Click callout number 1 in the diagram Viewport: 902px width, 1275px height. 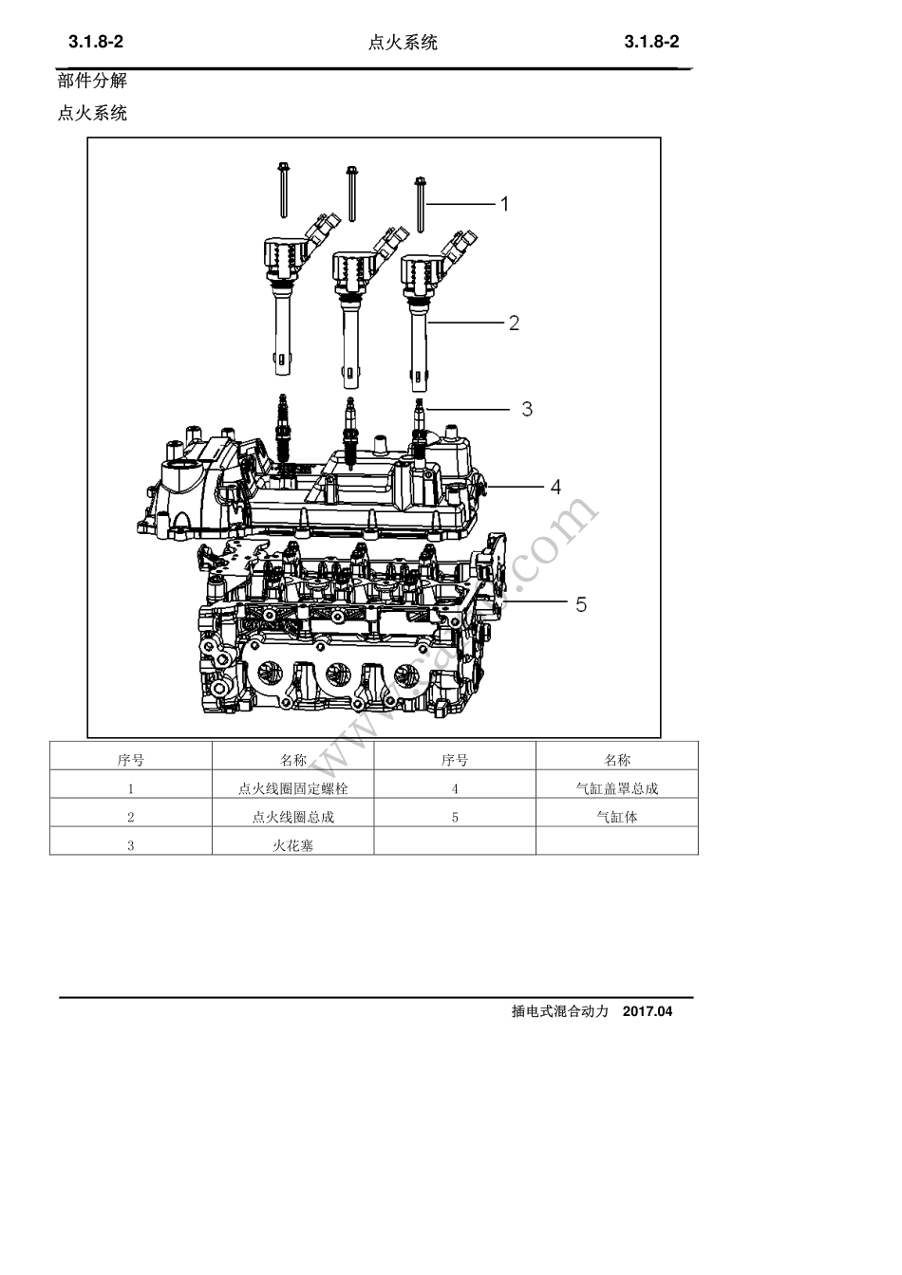click(505, 204)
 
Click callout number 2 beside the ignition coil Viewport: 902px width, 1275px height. click(514, 323)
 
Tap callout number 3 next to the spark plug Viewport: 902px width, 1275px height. click(527, 409)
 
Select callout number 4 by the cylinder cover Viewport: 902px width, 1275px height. click(555, 487)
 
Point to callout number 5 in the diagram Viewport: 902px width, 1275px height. click(581, 604)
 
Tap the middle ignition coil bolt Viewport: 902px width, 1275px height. click(352, 194)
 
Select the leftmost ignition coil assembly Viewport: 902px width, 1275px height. click(283, 294)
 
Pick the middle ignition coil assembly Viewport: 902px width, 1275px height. click(352, 304)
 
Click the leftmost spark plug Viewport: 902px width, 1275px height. click(281, 427)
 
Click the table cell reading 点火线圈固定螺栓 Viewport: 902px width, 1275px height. click(292, 788)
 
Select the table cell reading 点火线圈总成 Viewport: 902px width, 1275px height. click(292, 817)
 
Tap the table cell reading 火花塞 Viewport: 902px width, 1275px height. click(292, 845)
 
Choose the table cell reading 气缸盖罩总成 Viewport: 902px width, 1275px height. click(616, 788)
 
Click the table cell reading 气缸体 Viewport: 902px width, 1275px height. click(616, 817)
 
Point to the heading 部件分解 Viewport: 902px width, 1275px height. click(92, 81)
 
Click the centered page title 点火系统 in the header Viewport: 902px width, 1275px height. click(403, 43)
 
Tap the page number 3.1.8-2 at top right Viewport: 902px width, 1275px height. click(651, 43)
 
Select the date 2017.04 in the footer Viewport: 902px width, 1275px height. click(648, 1011)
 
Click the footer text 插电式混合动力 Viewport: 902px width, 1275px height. click(559, 1011)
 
